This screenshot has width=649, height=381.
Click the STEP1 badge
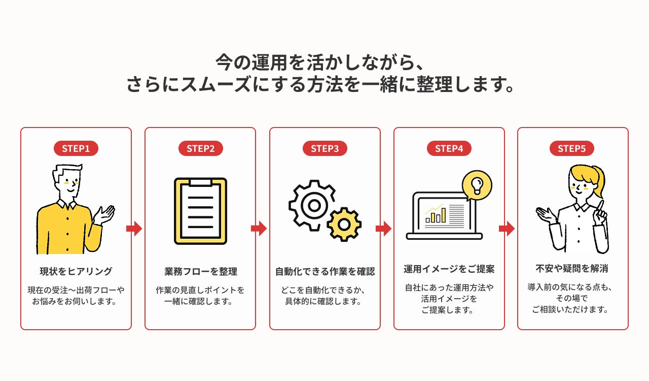[76, 148]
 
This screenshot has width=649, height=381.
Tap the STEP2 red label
[200, 148]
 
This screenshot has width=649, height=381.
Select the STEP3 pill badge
[325, 148]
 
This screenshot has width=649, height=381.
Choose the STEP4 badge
[449, 148]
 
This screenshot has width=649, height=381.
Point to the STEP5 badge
[571, 148]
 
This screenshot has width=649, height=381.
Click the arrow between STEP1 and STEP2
[134, 229]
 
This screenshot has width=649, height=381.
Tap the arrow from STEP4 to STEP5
[507, 229]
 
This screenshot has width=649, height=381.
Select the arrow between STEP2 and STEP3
[259, 229]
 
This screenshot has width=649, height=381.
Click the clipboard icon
[200, 211]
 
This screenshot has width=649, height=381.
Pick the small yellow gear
[344, 224]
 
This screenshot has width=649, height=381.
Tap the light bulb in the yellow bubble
[477, 186]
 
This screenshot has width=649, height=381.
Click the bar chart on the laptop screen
[436, 214]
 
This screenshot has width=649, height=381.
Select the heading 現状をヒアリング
[76, 271]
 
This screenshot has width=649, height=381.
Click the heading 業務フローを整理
[200, 271]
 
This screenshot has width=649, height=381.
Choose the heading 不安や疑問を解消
[571, 269]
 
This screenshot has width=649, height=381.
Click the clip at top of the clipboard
[200, 182]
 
